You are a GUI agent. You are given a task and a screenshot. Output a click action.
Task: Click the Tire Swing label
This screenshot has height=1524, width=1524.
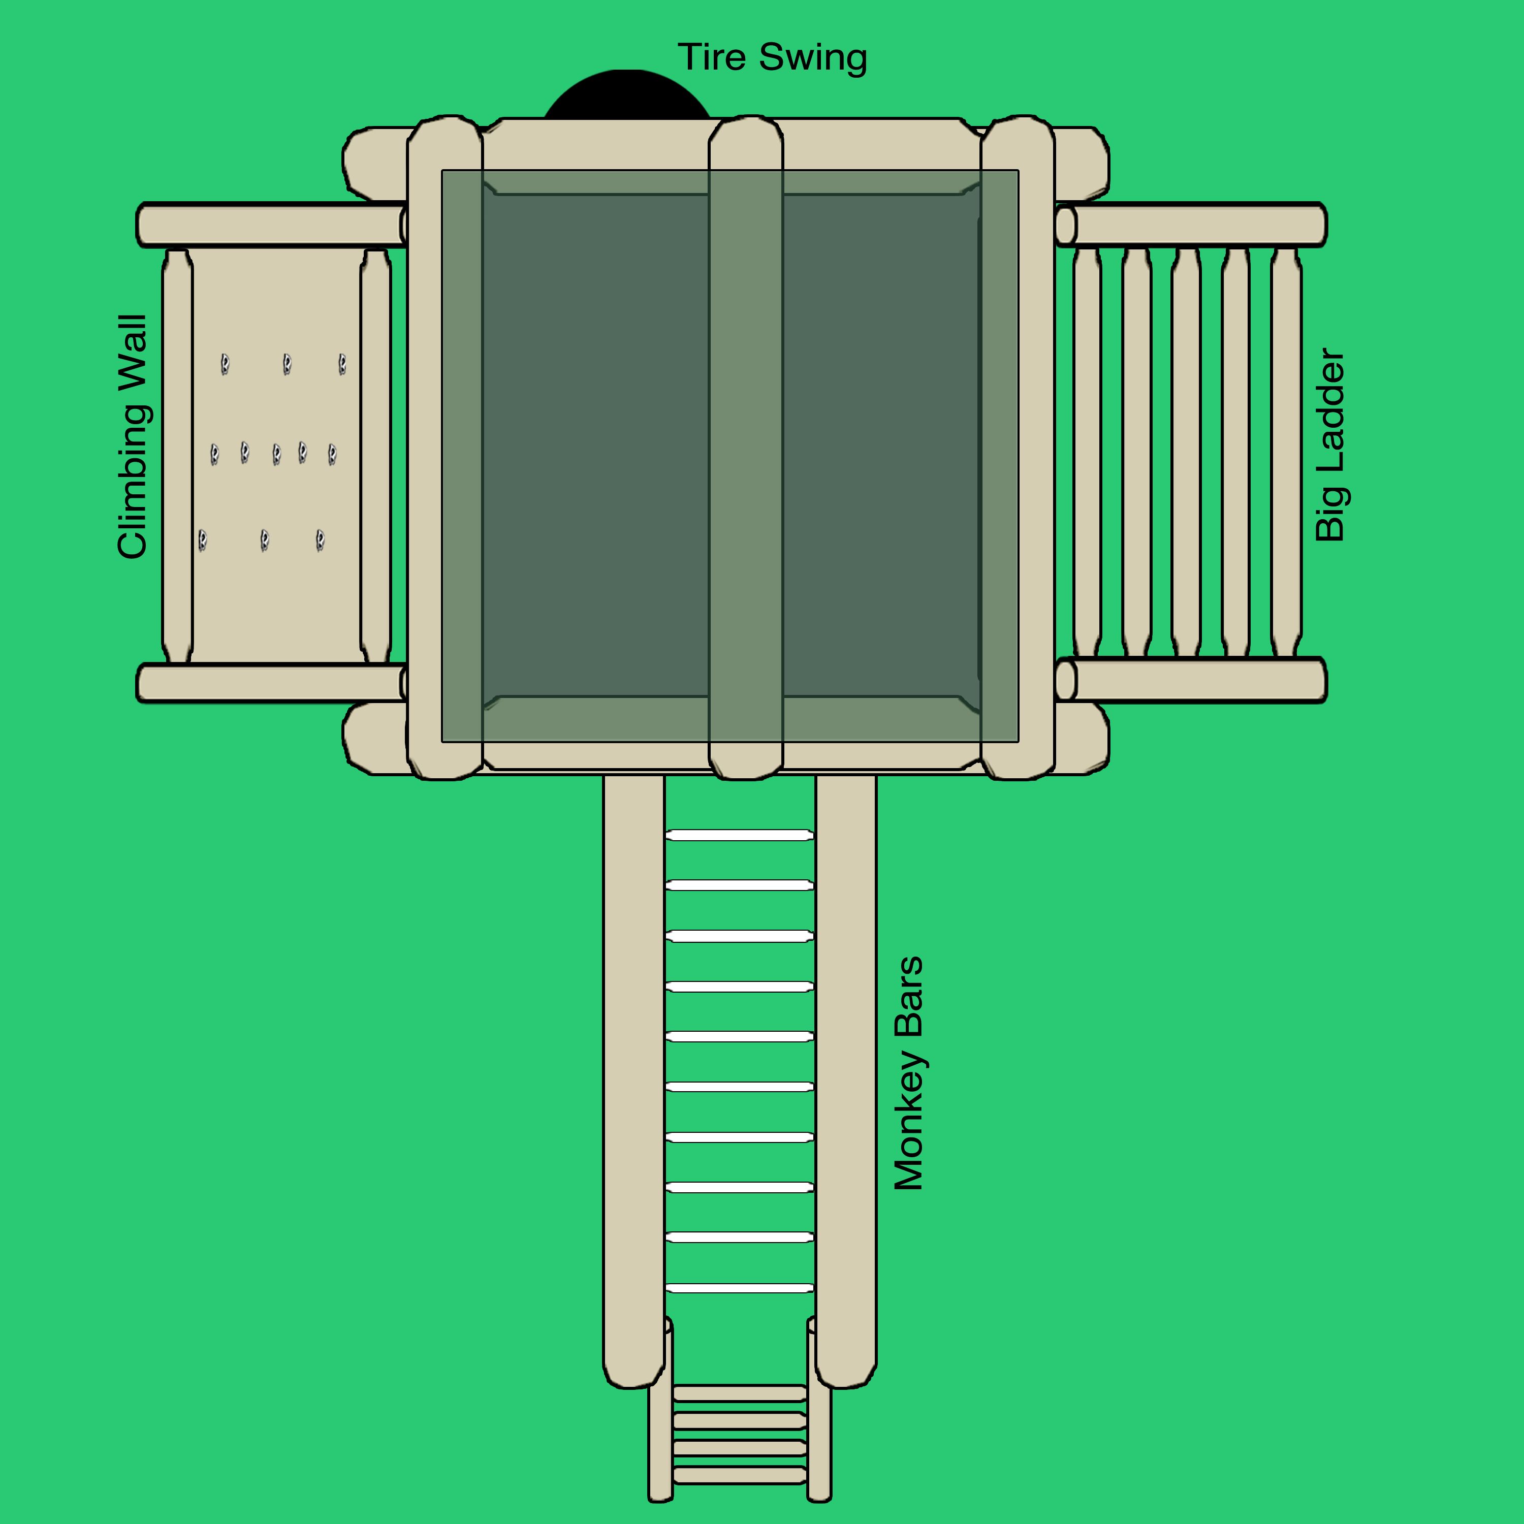772,57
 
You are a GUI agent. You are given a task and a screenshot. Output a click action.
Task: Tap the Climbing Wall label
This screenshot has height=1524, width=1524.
133,437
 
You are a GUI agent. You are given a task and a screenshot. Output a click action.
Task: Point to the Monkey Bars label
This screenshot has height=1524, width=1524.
909,1073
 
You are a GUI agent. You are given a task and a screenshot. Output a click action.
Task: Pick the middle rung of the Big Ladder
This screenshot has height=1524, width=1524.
1186,453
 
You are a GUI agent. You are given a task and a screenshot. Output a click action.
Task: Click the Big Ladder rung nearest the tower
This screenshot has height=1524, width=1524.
1087,453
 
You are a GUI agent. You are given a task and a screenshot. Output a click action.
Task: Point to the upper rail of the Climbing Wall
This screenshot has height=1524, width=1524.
272,225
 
